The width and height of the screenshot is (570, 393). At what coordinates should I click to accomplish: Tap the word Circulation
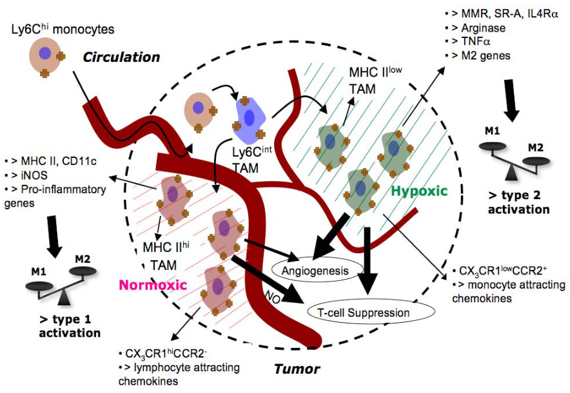[121, 57]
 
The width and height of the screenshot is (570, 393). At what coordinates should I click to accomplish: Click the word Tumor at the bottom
[297, 369]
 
